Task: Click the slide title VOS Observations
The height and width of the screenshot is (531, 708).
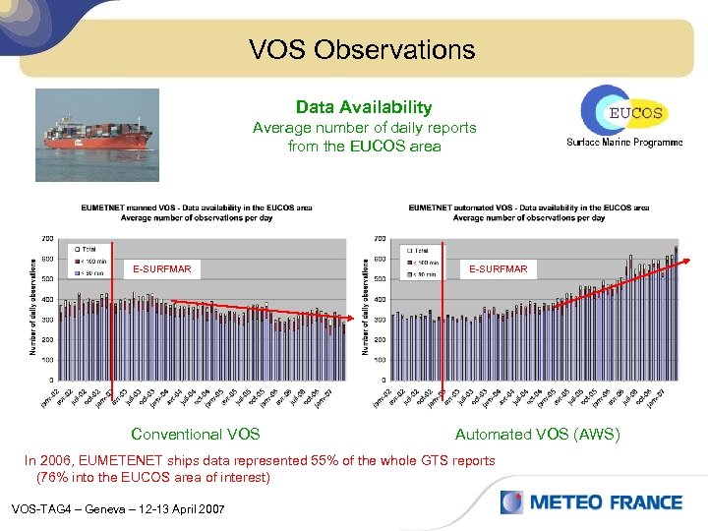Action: [x=362, y=49]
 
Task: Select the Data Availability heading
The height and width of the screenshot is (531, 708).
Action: [x=364, y=107]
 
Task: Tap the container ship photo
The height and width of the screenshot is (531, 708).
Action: [x=95, y=135]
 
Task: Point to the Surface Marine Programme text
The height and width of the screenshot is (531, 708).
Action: [x=623, y=143]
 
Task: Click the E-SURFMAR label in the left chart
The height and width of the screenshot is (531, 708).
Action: [x=162, y=269]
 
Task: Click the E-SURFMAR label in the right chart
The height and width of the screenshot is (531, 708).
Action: [x=498, y=269]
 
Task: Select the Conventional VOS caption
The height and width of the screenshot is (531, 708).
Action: [x=196, y=434]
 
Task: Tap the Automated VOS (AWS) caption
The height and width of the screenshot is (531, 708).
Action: [x=537, y=434]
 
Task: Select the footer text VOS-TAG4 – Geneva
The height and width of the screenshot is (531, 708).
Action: [x=117, y=508]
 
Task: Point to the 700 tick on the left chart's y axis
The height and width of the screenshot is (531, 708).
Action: [x=47, y=238]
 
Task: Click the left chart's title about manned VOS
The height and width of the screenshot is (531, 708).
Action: [x=197, y=212]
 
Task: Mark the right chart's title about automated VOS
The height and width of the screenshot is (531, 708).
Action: [x=529, y=212]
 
